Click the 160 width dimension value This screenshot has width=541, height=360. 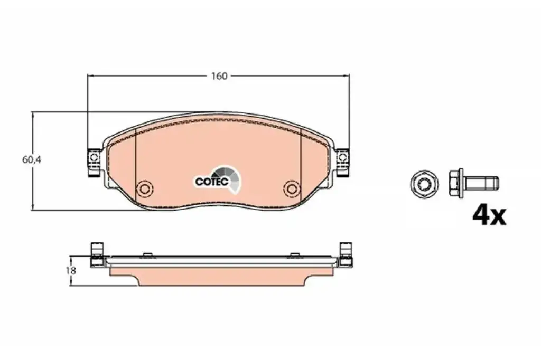click(x=219, y=76)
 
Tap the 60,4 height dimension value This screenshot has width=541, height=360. click(x=32, y=159)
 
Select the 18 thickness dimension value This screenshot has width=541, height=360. click(x=71, y=271)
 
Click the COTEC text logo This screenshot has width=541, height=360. click(x=211, y=182)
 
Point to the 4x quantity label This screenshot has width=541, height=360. click(x=489, y=215)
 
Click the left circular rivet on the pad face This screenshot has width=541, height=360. click(x=144, y=188)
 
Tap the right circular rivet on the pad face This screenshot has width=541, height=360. click(x=292, y=188)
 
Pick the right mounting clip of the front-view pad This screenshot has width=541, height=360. click(x=342, y=163)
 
